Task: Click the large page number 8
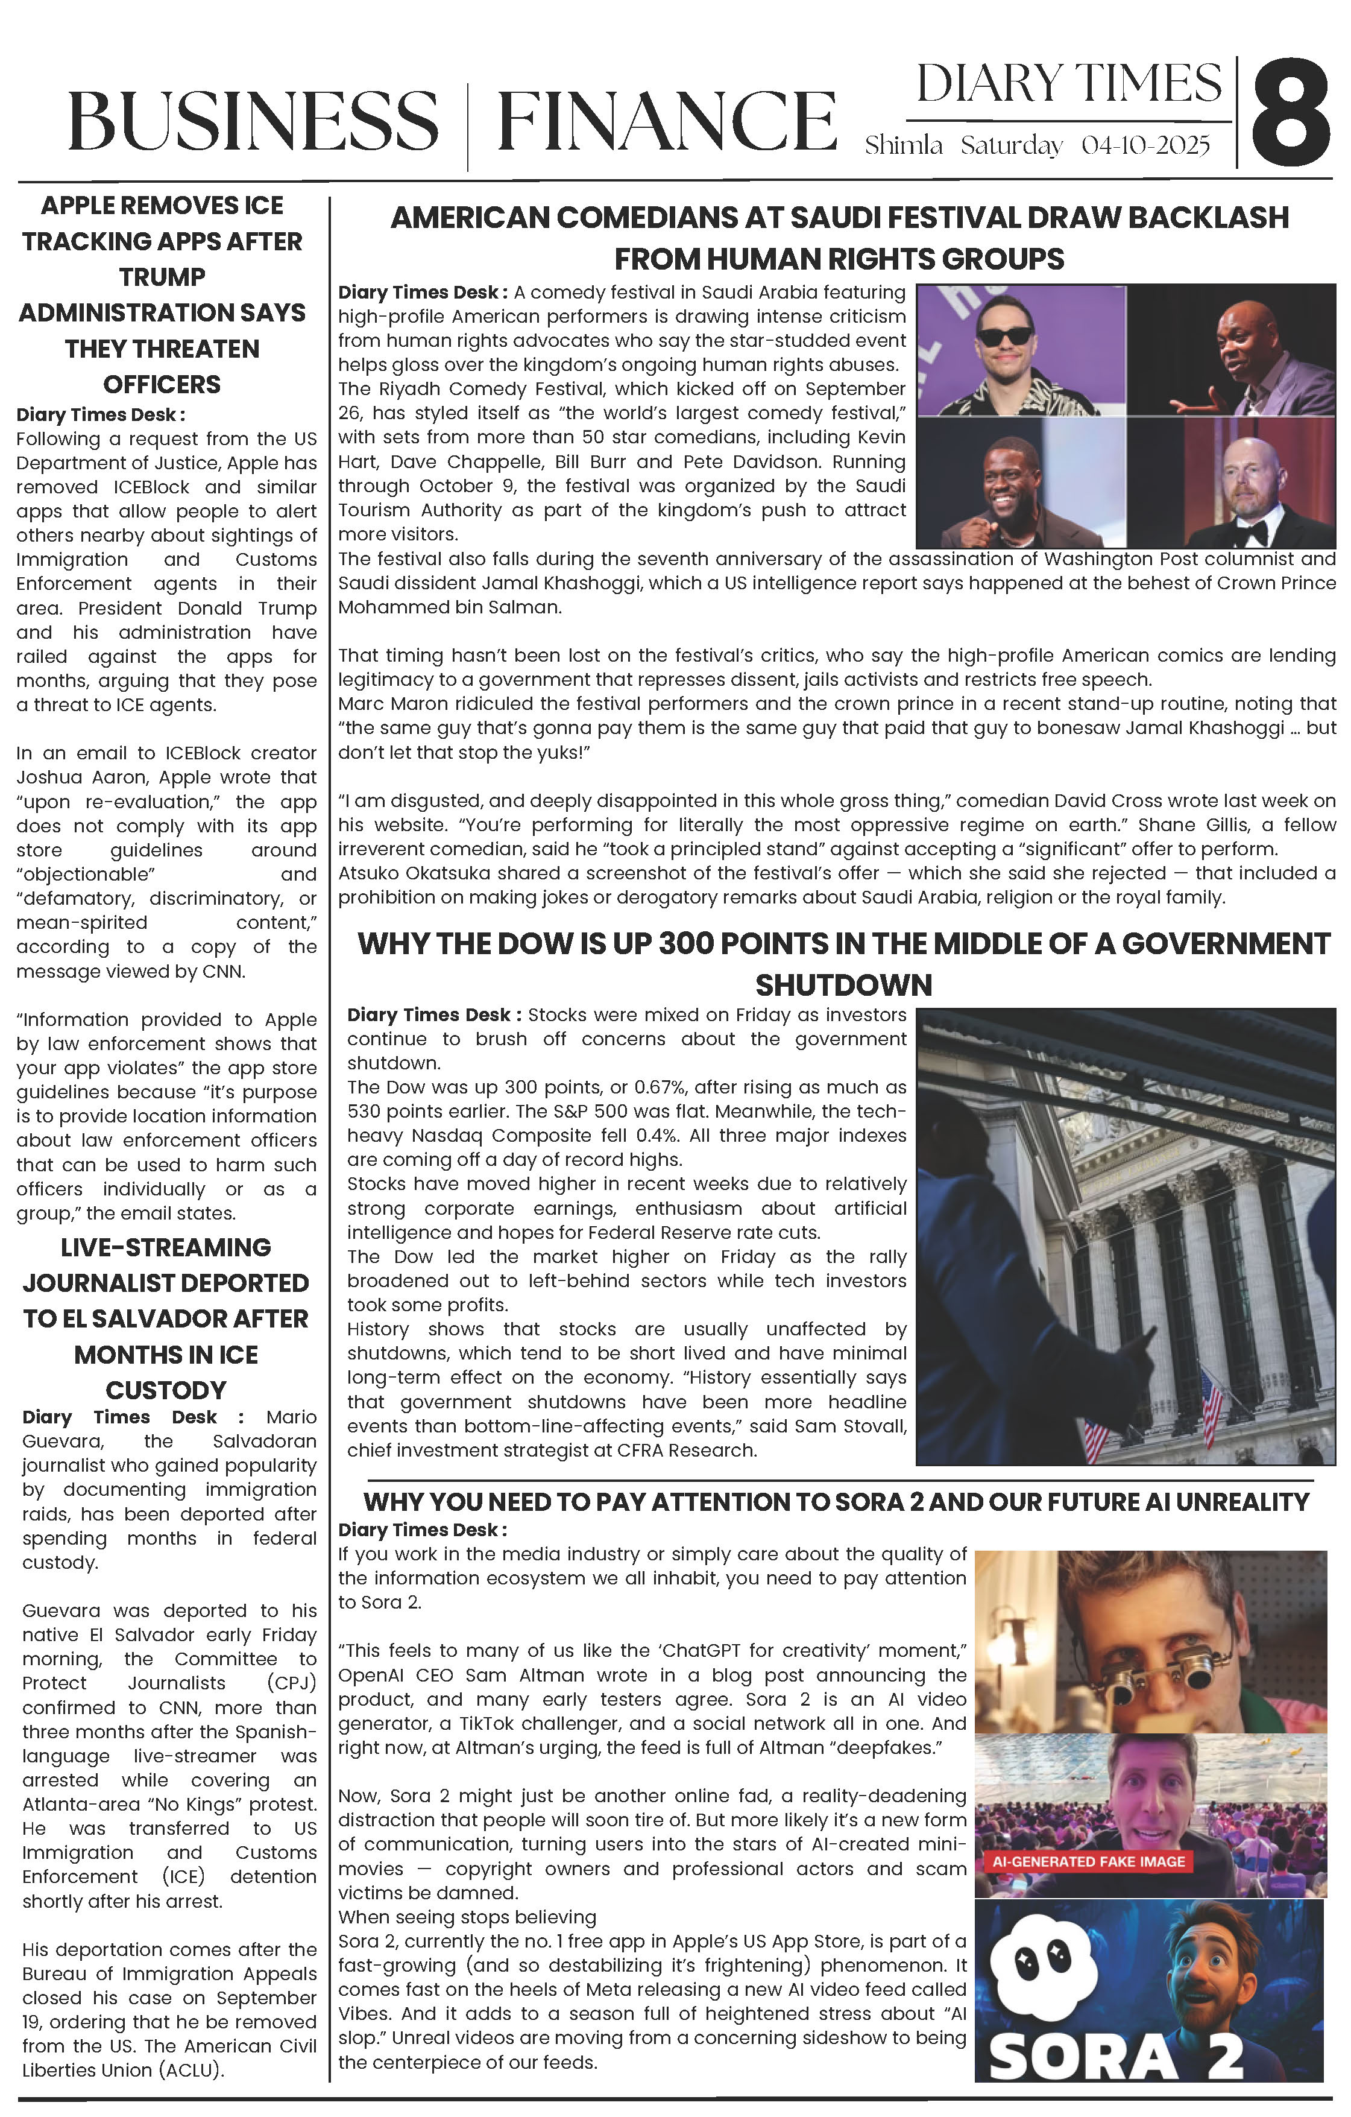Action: [x=1290, y=113]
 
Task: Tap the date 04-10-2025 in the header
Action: [x=1145, y=145]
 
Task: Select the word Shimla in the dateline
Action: [x=904, y=145]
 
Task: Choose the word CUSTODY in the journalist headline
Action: [x=166, y=1390]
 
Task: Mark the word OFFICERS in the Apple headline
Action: [x=163, y=384]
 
